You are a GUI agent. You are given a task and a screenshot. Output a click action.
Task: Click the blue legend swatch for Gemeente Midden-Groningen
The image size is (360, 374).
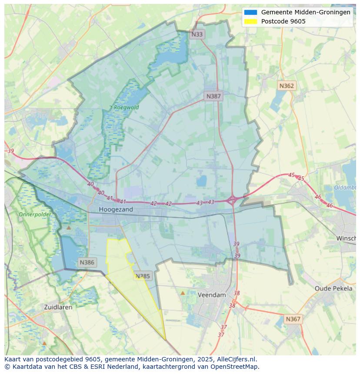(251, 12)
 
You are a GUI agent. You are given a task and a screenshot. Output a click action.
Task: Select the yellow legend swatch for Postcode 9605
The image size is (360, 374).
(251, 21)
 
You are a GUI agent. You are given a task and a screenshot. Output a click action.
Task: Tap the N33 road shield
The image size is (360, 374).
(197, 34)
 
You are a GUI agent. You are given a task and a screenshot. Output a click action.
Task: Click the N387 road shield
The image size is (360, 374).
(213, 96)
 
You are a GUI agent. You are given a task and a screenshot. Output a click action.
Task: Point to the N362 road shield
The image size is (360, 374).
(287, 86)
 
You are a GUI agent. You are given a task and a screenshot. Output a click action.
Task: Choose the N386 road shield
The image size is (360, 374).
(87, 262)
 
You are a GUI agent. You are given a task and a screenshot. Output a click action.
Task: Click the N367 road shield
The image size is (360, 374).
(293, 319)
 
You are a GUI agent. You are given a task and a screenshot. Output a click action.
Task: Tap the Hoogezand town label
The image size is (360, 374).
(116, 209)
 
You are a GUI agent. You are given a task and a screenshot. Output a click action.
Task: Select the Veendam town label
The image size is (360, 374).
(212, 295)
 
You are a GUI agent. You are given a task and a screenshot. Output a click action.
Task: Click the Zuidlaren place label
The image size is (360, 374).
(58, 307)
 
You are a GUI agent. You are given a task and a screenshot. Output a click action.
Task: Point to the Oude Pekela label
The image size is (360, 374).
(333, 288)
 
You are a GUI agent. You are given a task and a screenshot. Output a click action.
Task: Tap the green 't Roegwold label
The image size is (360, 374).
(124, 107)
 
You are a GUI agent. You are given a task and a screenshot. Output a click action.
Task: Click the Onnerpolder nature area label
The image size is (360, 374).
(35, 215)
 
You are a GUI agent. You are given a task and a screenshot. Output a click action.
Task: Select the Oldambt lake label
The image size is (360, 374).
(345, 188)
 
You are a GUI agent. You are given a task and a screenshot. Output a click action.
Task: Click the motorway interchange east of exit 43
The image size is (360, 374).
(232, 200)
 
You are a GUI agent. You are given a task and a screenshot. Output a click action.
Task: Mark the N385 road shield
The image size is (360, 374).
(143, 276)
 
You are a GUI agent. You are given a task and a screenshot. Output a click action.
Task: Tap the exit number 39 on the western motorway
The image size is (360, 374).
(11, 151)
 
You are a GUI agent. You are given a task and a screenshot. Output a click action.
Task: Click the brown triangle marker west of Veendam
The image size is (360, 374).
(183, 293)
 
